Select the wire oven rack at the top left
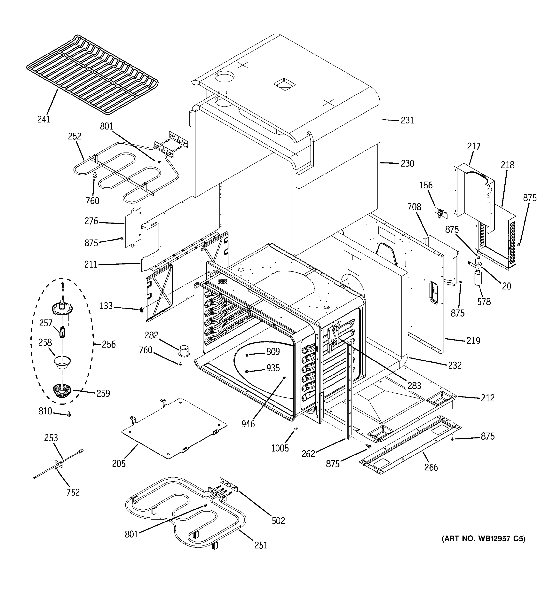[92, 74]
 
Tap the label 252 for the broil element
[74, 136]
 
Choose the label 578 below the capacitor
[484, 302]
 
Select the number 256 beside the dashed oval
[109, 344]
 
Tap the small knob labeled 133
[142, 310]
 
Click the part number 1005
[279, 448]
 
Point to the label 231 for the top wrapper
[407, 120]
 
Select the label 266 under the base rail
[431, 468]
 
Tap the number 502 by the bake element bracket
[278, 521]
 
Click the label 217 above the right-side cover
[474, 146]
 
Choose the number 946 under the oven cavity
[248, 424]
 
